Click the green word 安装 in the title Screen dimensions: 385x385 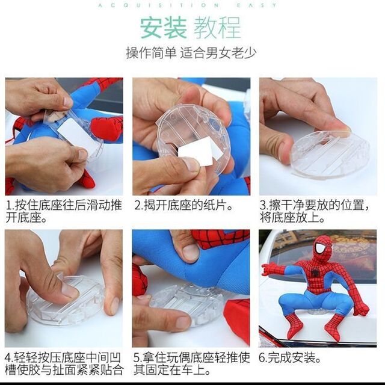tap(164, 28)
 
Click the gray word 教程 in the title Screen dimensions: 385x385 tap(217, 28)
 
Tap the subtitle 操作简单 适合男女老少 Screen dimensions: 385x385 tap(191, 53)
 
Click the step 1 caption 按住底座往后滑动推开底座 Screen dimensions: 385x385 tap(64, 211)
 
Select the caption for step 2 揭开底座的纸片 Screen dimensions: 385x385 tap(183, 205)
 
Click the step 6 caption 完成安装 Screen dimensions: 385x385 tap(290, 357)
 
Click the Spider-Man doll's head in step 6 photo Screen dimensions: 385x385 tap(322, 248)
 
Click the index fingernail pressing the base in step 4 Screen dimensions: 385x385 tap(69, 290)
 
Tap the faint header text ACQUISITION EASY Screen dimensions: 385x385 tap(188, 5)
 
